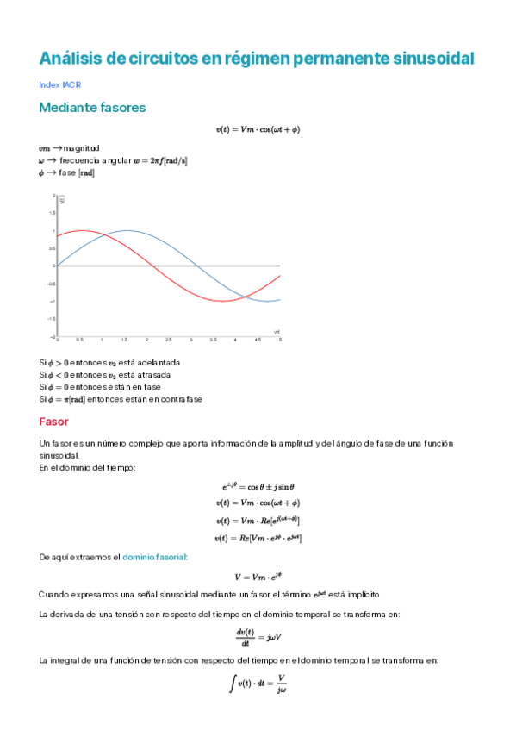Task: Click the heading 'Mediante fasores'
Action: point(92,108)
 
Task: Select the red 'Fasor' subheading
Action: point(53,422)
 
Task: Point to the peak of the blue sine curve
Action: point(127,230)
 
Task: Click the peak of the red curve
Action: point(82,230)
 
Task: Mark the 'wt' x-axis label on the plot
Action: point(277,331)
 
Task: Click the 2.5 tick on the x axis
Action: point(169,341)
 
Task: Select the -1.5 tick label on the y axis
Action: point(51,319)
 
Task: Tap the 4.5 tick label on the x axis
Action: point(258,341)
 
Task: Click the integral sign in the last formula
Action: point(231,684)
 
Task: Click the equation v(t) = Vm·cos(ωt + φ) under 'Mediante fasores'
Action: point(258,129)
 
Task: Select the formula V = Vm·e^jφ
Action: point(258,577)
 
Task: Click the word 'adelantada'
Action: point(159,363)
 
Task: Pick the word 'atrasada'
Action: point(155,375)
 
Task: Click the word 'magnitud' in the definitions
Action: point(81,148)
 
